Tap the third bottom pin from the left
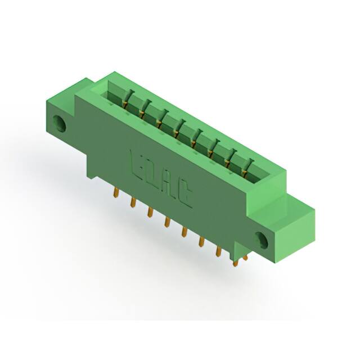pos(150,212)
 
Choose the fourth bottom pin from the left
pos(166,222)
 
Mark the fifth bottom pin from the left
pos(183,232)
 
